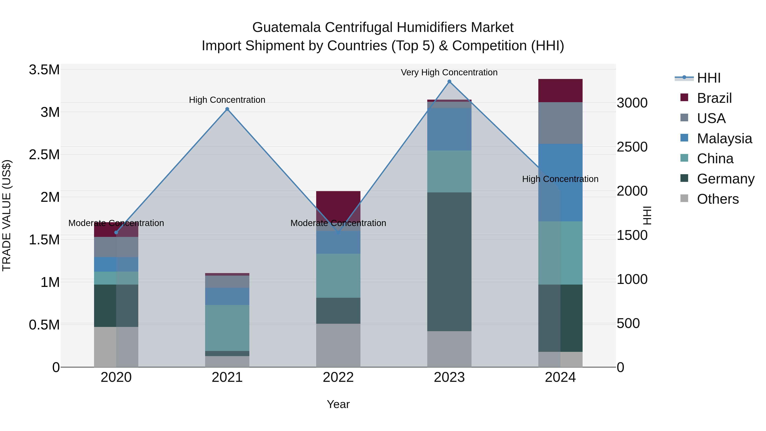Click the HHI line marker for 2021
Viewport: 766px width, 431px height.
coord(227,109)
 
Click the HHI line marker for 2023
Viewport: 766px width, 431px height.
coord(449,82)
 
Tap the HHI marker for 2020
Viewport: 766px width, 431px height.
coord(116,232)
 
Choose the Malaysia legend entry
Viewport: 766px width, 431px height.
coord(724,139)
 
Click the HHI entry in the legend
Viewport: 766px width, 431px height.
coord(708,78)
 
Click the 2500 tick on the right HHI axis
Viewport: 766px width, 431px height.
coord(632,147)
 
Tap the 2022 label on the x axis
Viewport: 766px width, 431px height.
coord(338,377)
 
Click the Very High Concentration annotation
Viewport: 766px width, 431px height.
coord(449,72)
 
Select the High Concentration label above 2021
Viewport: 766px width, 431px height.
coord(227,100)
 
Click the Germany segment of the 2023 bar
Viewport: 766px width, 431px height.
coord(449,262)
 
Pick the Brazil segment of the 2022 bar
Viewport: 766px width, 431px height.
coord(338,205)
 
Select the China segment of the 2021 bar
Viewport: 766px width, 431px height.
coord(227,328)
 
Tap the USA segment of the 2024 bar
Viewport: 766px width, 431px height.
coord(560,123)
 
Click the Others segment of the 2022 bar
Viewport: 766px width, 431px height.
coord(338,345)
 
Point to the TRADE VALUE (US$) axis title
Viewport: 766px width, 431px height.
coord(7,215)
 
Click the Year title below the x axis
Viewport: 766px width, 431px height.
coord(338,404)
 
